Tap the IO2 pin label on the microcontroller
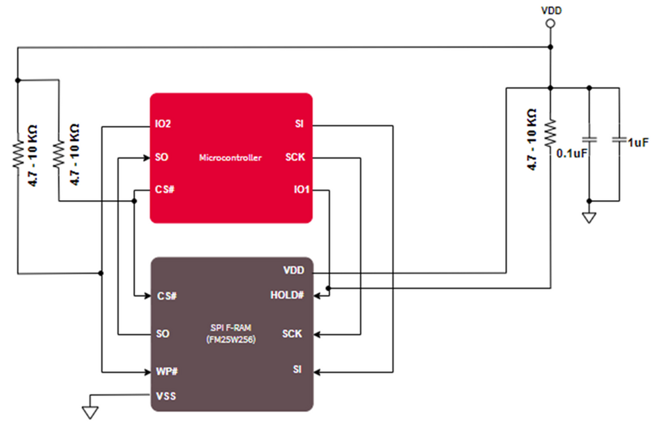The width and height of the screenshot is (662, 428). click(x=163, y=125)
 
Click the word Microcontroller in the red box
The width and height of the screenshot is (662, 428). click(x=231, y=158)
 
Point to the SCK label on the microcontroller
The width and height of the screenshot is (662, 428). click(x=295, y=158)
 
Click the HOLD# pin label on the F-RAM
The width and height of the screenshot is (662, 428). click(x=287, y=295)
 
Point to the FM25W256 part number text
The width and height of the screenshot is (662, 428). click(x=231, y=340)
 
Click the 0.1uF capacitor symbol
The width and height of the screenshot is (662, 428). click(x=588, y=140)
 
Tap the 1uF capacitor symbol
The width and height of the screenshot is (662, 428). click(x=619, y=140)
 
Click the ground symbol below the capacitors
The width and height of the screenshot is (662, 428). click(x=588, y=217)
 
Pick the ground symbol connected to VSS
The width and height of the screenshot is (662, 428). click(x=91, y=412)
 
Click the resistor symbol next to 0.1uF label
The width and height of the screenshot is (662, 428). click(x=549, y=133)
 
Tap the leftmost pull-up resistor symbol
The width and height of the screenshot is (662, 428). click(x=18, y=152)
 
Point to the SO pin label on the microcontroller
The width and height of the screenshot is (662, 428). click(x=162, y=158)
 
